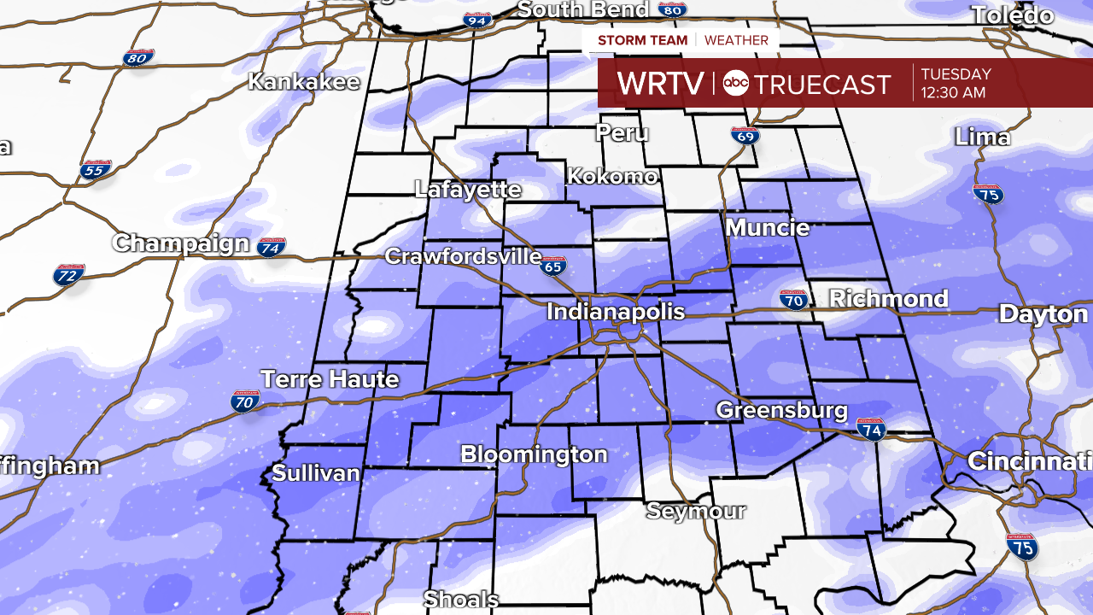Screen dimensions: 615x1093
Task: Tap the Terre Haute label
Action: [x=330, y=379]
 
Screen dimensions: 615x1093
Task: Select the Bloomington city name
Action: [x=534, y=454]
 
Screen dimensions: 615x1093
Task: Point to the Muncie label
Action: [x=768, y=228]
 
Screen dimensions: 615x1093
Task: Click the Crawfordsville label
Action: [x=463, y=256]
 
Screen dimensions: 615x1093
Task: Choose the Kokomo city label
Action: [x=612, y=177]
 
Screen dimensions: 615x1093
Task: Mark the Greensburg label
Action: [x=781, y=410]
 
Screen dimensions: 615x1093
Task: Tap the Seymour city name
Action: [x=696, y=512]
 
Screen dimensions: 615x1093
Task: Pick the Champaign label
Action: [x=181, y=243]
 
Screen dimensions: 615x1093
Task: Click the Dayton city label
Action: [x=1043, y=314]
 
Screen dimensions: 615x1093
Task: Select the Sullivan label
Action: [x=316, y=473]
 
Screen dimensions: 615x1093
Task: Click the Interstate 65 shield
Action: [x=553, y=266]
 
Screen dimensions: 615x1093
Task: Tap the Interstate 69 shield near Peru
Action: [x=745, y=135]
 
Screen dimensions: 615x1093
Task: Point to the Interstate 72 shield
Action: [x=68, y=275]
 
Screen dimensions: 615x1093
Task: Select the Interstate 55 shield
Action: [x=96, y=169]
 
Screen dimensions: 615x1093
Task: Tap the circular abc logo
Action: [x=735, y=84]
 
